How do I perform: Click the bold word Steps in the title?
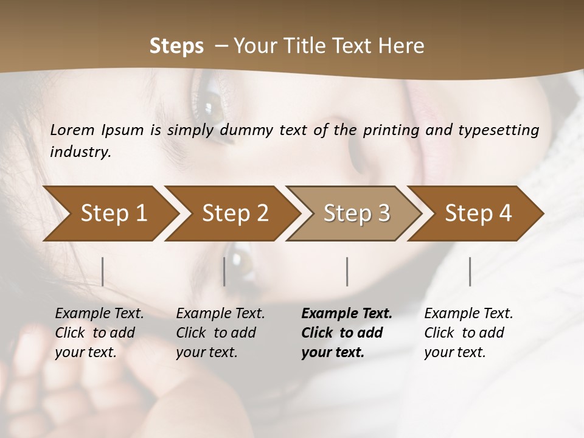tap(176, 46)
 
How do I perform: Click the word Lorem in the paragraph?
tap(72, 130)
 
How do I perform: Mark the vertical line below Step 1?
tap(103, 271)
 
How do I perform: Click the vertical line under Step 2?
tap(224, 271)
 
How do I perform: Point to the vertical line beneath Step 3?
tap(347, 271)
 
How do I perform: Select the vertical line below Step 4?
tap(470, 271)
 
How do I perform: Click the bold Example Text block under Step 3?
tap(347, 333)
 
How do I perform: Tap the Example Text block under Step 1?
tap(100, 333)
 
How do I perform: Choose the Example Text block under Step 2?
tap(221, 333)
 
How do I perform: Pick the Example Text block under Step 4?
tap(468, 333)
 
